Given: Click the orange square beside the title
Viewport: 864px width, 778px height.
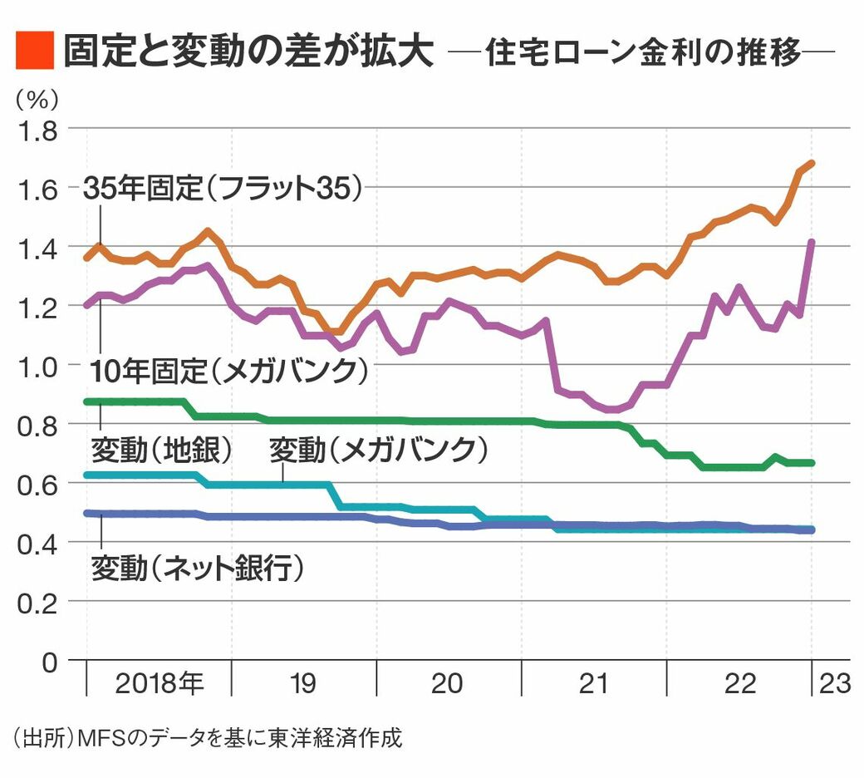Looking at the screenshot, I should [x=34, y=52].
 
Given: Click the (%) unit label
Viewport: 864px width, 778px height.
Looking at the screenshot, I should [x=37, y=100].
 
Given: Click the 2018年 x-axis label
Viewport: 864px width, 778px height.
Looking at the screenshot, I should [x=159, y=683].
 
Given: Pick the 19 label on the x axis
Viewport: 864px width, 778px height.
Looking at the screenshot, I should [x=303, y=683].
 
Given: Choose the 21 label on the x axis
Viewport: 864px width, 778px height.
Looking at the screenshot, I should [x=593, y=683].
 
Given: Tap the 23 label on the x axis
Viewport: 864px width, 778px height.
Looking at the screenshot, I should [x=834, y=683].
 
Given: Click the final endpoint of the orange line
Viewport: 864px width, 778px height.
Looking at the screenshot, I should [x=812, y=163].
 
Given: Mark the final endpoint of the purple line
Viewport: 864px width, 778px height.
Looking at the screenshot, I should [x=812, y=242].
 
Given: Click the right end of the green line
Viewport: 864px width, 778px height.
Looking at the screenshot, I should [x=812, y=463].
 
